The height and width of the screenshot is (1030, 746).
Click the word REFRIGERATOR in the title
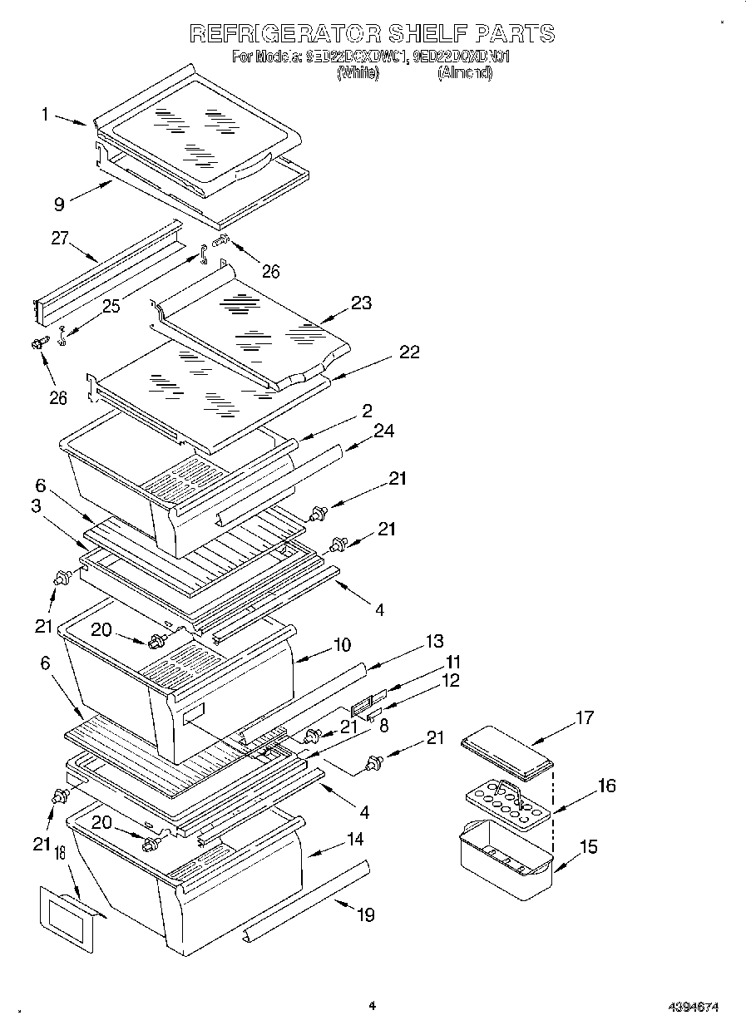click(285, 33)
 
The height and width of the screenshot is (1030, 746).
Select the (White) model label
click(358, 73)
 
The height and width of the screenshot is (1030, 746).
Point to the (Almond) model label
click(465, 73)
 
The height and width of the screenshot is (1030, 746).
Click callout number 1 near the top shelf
click(46, 115)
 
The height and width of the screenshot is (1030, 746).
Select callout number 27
click(60, 239)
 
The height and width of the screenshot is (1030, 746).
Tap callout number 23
click(361, 303)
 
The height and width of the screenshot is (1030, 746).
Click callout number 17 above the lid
click(585, 717)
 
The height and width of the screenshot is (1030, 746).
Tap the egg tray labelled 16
click(508, 801)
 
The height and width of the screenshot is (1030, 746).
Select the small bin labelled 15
click(503, 860)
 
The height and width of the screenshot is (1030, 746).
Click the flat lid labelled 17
click(507, 748)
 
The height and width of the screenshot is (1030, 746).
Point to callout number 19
click(365, 914)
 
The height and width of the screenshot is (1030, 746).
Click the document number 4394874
click(693, 1007)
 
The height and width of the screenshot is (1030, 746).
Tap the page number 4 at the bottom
click(373, 1006)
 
